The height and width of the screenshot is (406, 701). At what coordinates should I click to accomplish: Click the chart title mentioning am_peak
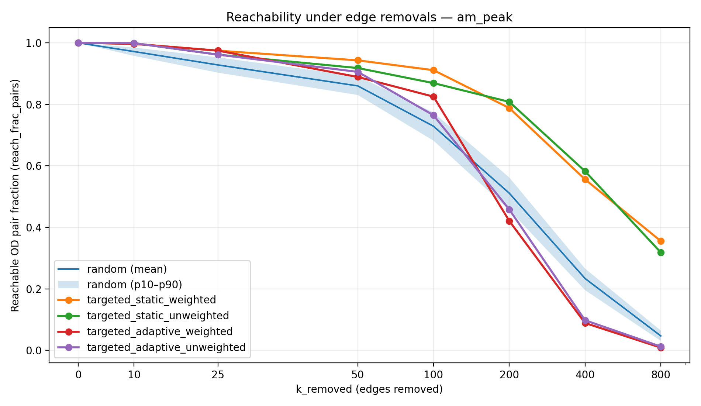pos(369,17)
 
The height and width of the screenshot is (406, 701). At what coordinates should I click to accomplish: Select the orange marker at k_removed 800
pos(661,241)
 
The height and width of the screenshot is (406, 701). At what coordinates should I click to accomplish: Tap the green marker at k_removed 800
pos(661,252)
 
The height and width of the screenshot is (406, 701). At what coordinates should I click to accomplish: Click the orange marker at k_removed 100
pos(434,70)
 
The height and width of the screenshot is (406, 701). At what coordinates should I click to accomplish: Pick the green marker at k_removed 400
pos(585,171)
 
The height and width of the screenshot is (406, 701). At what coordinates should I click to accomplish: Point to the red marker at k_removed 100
pos(434,97)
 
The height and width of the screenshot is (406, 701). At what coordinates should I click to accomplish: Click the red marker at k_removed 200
pos(509,221)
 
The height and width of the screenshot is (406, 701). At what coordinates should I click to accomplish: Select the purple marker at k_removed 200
pos(509,210)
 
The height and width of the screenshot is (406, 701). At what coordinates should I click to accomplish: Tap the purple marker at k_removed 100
pos(434,115)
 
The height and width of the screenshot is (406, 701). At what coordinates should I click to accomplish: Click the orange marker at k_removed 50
pos(358,60)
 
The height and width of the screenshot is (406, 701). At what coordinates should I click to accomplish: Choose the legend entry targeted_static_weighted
pos(151,300)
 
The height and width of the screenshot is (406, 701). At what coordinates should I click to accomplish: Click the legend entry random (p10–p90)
pos(134,285)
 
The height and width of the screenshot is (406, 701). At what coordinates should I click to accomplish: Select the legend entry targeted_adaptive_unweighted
pos(166,347)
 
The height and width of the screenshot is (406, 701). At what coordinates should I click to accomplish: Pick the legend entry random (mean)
pos(127,269)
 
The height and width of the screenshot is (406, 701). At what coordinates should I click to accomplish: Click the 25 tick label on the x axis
pos(218,375)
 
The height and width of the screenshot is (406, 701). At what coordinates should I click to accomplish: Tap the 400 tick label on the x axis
pos(585,375)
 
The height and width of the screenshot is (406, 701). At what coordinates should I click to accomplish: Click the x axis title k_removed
pos(369,389)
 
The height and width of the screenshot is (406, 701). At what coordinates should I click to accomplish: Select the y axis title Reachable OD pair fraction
pos(15,195)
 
